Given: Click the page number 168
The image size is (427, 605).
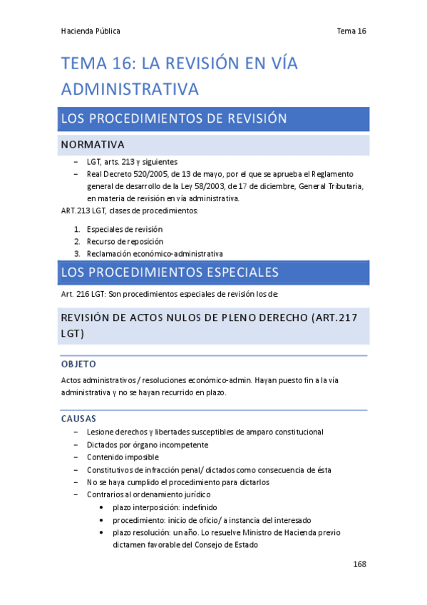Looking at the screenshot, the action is pyautogui.click(x=359, y=564).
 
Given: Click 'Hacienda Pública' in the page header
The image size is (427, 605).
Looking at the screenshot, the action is pyautogui.click(x=91, y=31).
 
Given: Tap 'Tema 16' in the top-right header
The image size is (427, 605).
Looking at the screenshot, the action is pyautogui.click(x=351, y=31).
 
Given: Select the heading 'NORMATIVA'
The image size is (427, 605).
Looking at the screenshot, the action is pyautogui.click(x=93, y=145).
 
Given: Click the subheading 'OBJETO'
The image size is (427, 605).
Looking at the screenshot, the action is pyautogui.click(x=78, y=364).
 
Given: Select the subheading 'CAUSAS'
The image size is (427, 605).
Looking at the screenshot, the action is pyautogui.click(x=79, y=418).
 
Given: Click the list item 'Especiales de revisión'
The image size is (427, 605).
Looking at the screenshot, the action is pyautogui.click(x=125, y=229).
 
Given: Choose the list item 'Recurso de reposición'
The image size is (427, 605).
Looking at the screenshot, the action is pyautogui.click(x=125, y=241).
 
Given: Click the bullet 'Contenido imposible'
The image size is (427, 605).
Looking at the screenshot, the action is pyautogui.click(x=123, y=457).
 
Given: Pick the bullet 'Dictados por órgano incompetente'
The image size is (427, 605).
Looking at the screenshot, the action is pyautogui.click(x=148, y=444).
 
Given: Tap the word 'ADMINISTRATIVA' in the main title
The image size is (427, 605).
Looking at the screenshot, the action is pyautogui.click(x=130, y=89).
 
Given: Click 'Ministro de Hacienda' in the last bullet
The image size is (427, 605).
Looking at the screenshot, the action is pyautogui.click(x=283, y=532).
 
